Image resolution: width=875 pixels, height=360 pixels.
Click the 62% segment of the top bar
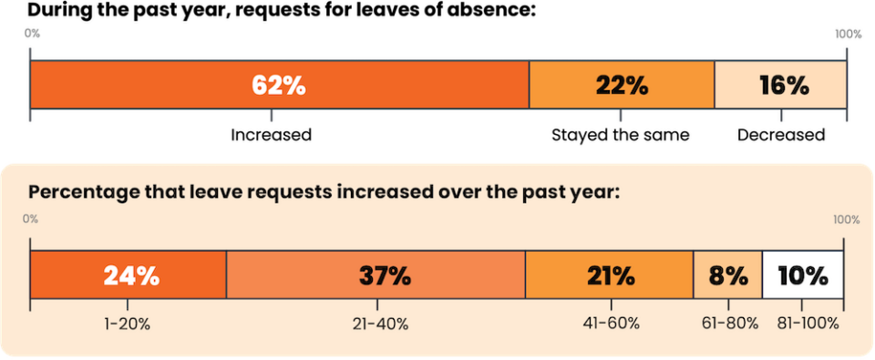279,85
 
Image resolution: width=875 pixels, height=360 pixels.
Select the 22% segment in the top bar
622,85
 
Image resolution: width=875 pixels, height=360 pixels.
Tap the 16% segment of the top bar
782,85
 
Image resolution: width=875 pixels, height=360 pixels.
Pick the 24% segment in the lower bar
129,275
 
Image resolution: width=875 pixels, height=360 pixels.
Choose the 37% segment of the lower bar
376,275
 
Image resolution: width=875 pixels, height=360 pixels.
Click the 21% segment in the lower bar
610,275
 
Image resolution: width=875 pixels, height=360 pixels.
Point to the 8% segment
727,275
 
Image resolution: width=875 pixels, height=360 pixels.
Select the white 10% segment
802,275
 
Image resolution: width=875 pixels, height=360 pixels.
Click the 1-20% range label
129,324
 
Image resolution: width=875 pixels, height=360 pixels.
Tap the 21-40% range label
376,324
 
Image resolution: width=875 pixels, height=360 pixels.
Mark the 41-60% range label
611,324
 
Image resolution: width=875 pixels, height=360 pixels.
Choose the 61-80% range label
727,324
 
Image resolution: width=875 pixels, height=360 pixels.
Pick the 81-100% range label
803,324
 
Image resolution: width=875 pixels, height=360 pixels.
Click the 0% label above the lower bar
30,220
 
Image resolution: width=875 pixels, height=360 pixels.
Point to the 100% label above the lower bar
846,220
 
